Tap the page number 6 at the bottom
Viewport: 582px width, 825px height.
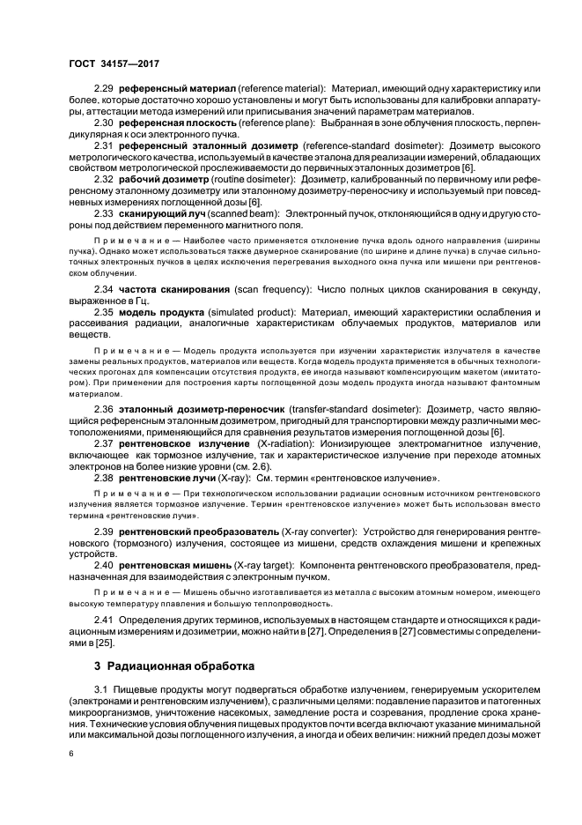71,752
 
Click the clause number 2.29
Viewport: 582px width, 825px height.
105,89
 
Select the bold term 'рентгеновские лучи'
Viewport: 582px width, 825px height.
170,477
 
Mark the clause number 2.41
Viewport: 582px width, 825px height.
105,621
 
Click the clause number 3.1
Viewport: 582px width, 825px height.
101,688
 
